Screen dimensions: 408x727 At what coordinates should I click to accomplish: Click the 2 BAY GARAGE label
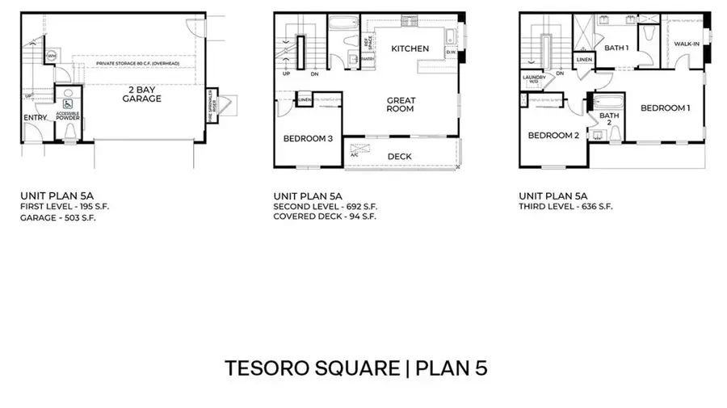click(x=142, y=93)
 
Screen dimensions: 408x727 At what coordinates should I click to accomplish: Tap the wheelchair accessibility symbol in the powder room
click(x=68, y=103)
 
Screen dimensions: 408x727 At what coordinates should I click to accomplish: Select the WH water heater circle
click(x=50, y=56)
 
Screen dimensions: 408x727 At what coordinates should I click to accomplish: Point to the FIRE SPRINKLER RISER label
click(x=212, y=103)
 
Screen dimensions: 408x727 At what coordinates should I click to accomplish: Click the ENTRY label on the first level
click(x=36, y=117)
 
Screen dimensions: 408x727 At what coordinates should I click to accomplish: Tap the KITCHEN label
click(x=410, y=49)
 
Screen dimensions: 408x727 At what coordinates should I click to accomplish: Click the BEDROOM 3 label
click(x=308, y=139)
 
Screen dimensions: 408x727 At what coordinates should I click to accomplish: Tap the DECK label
click(x=400, y=157)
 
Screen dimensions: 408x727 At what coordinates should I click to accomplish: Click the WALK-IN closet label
click(x=686, y=44)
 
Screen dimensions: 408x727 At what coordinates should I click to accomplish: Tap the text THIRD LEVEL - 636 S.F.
click(x=565, y=207)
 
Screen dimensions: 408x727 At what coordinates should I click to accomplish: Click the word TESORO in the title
click(x=263, y=368)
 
